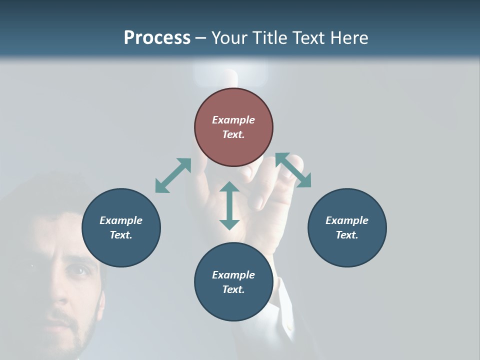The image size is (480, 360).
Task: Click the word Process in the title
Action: click(x=157, y=38)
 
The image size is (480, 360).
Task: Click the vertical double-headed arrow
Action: click(x=229, y=205)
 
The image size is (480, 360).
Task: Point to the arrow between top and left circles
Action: click(x=173, y=175)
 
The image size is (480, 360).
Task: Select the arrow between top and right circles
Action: click(x=293, y=170)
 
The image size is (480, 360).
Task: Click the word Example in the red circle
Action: click(x=233, y=120)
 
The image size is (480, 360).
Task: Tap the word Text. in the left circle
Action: click(x=121, y=235)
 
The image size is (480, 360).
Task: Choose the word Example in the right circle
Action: click(x=347, y=220)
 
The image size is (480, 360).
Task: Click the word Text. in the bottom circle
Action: click(x=233, y=289)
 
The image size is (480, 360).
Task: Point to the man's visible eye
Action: click(x=78, y=271)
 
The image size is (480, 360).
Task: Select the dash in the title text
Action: click(x=201, y=38)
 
